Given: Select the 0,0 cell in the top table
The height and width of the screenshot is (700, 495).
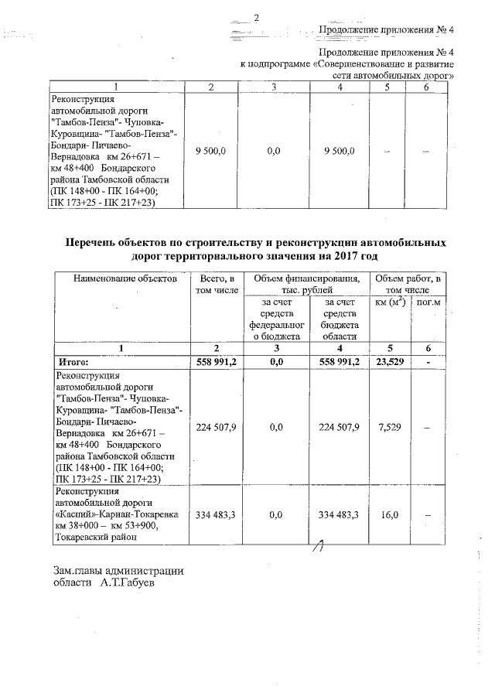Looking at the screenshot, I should tap(272, 152).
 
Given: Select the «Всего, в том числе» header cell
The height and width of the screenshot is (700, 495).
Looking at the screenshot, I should tap(217, 284).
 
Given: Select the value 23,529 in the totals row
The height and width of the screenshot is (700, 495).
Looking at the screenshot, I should tap(390, 361).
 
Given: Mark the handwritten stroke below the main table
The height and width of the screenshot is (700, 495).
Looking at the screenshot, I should tap(316, 548).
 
